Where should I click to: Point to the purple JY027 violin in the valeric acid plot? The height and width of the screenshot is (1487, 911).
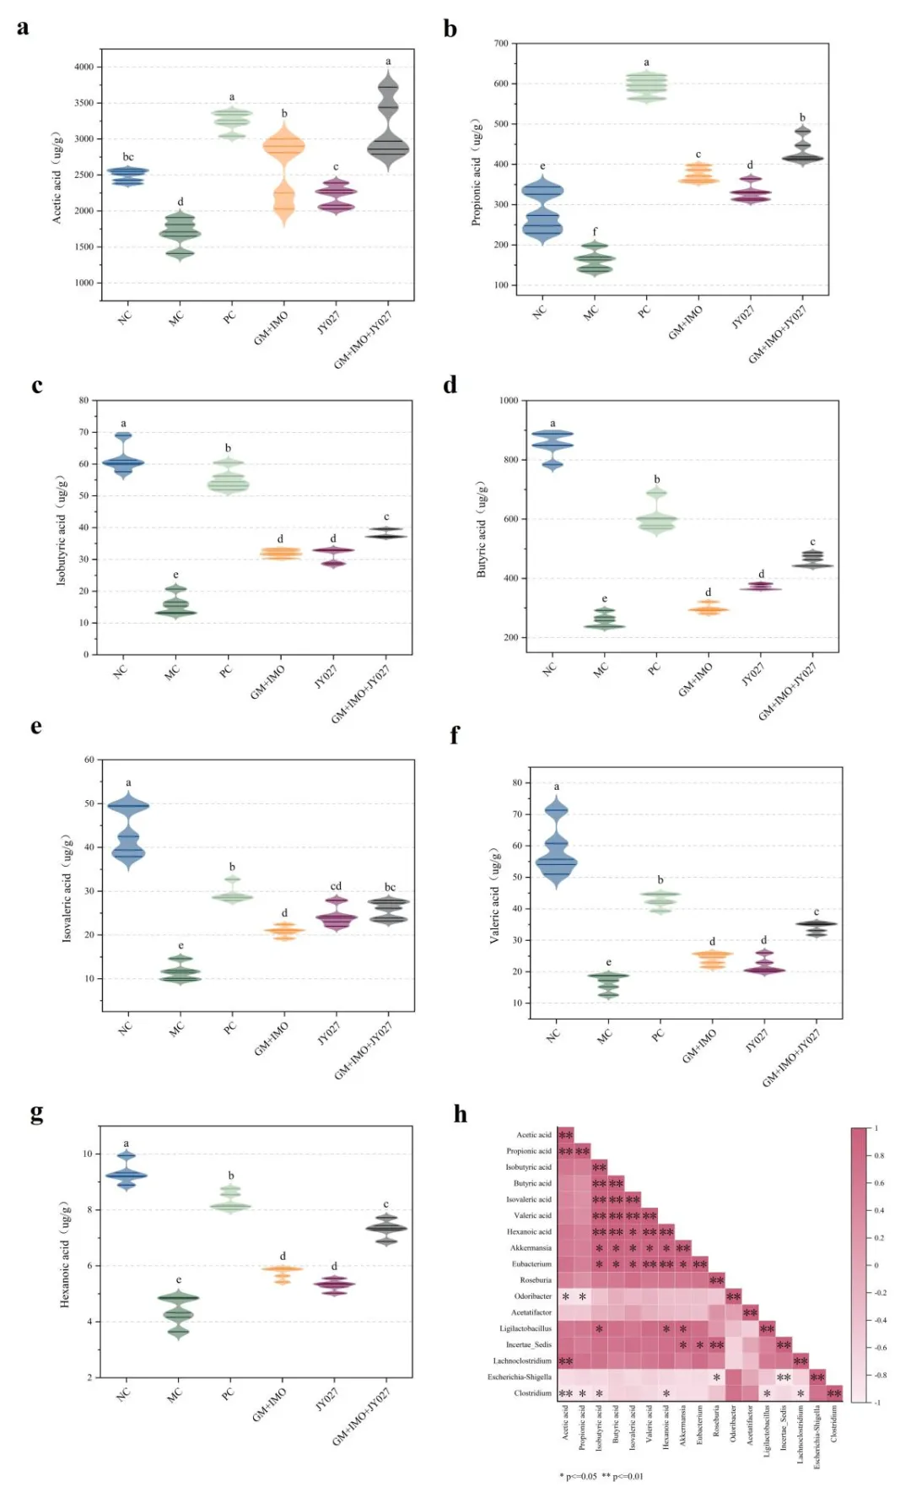point(764,966)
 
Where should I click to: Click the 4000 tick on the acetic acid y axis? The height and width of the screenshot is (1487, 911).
point(84,67)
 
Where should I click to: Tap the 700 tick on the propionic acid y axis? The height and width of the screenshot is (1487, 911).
point(501,43)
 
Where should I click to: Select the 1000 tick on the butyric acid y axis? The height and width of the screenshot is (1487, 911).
point(509,401)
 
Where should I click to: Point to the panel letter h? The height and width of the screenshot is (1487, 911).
point(460,1115)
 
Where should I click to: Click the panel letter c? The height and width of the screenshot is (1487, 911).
point(36,386)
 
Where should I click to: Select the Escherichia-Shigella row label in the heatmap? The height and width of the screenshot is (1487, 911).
point(520,1377)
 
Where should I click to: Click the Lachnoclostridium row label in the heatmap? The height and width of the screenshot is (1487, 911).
point(522,1361)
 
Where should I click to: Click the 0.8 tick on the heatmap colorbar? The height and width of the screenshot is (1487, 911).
point(879,1156)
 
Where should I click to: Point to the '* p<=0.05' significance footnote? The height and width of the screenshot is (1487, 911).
point(579,1476)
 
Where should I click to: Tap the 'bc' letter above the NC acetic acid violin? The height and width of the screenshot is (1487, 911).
point(128,157)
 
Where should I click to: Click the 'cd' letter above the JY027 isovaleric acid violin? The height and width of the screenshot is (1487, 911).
point(336,886)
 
